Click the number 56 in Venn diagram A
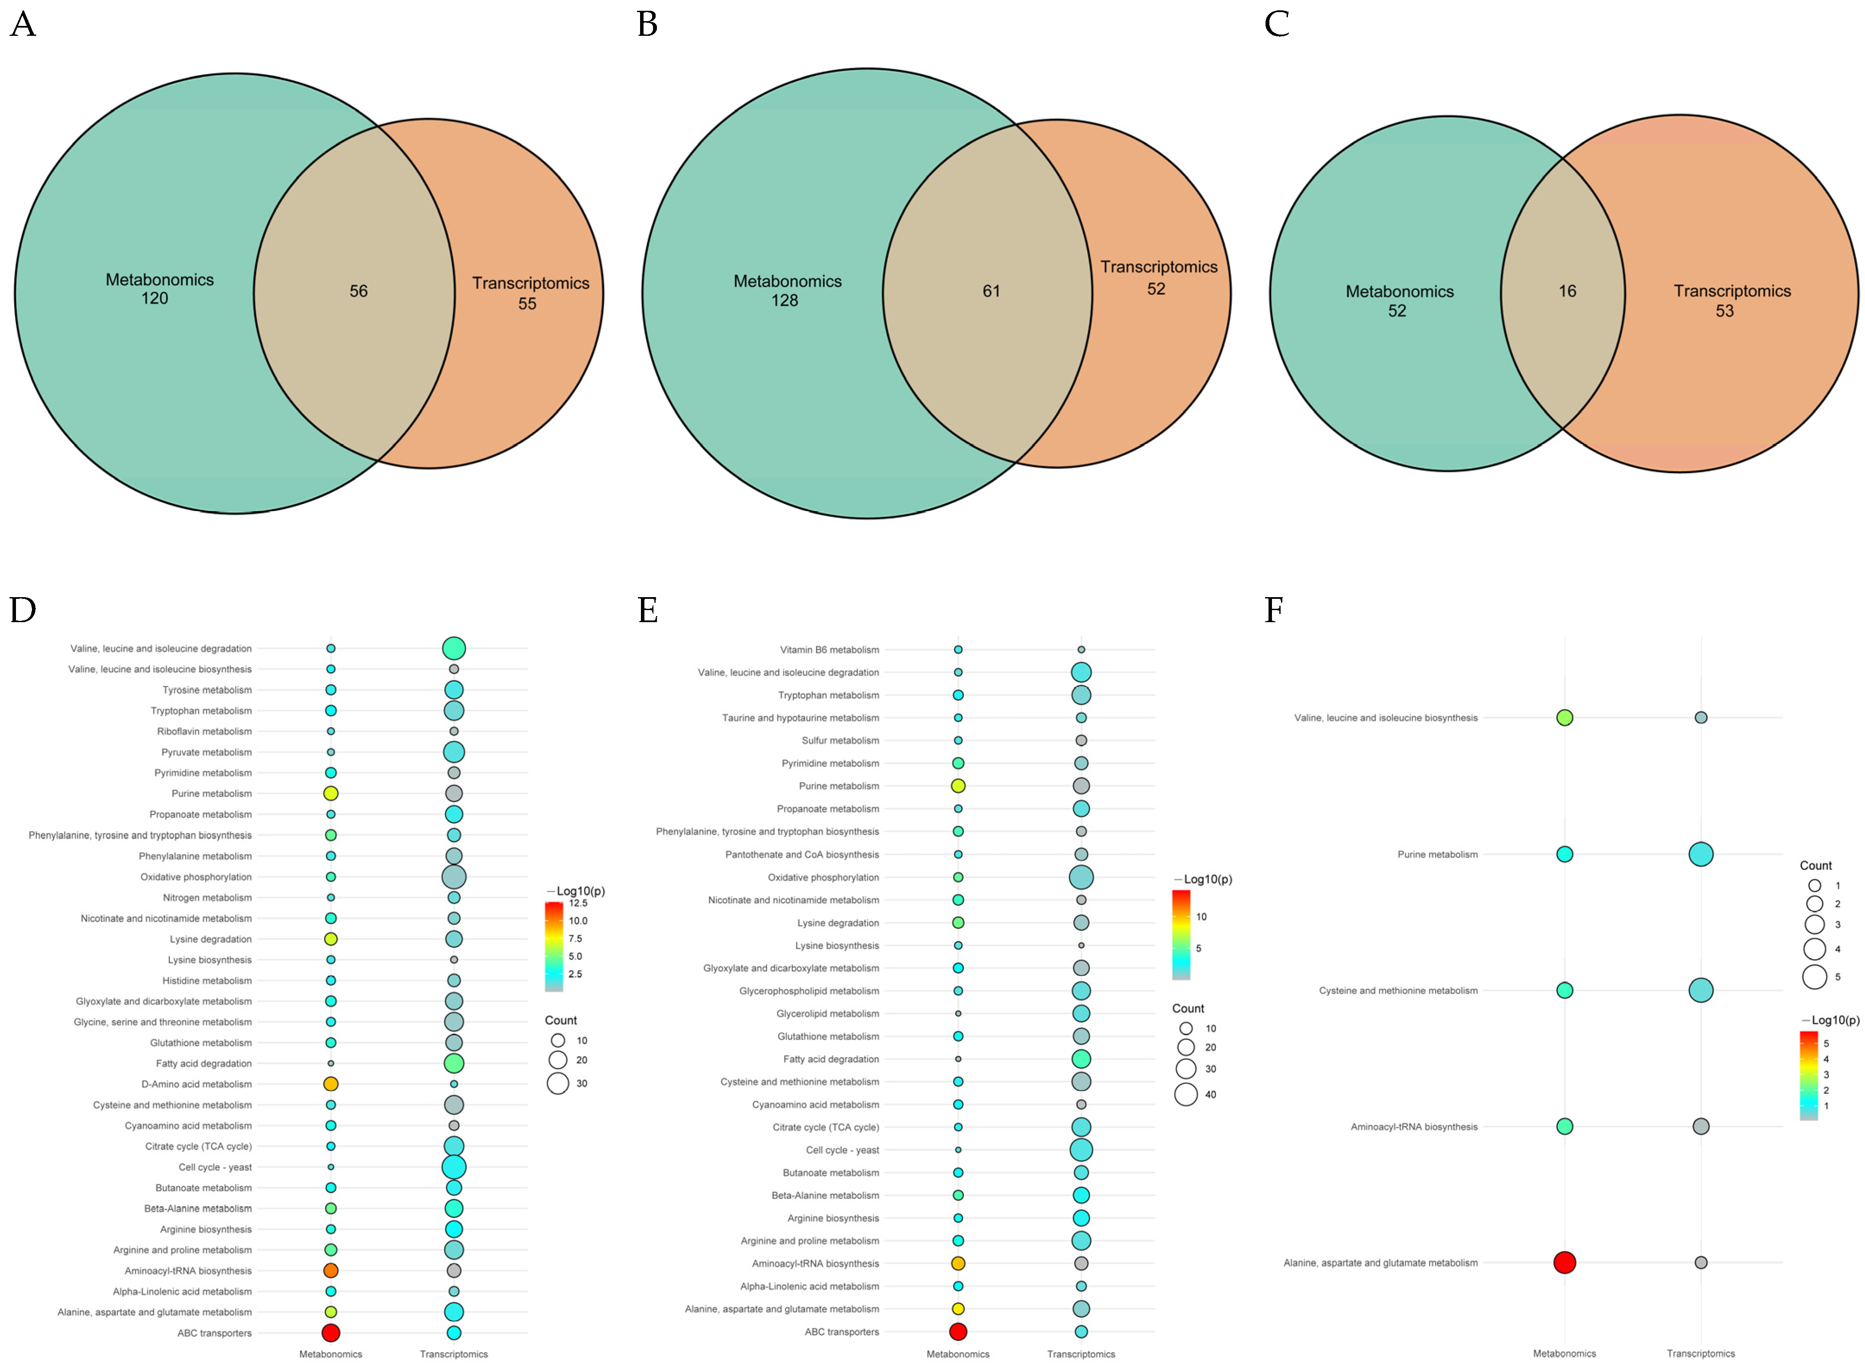358,291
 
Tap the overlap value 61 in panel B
991,291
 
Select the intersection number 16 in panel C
1567,291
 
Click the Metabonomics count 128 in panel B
785,301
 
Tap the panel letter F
1274,610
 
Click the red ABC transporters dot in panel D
331,1332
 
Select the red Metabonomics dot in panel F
1564,1262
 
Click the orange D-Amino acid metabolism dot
331,1084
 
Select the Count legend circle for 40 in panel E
1186,1095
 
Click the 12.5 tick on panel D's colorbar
578,903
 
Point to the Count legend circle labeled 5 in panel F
1815,977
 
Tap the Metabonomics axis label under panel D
331,1354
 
